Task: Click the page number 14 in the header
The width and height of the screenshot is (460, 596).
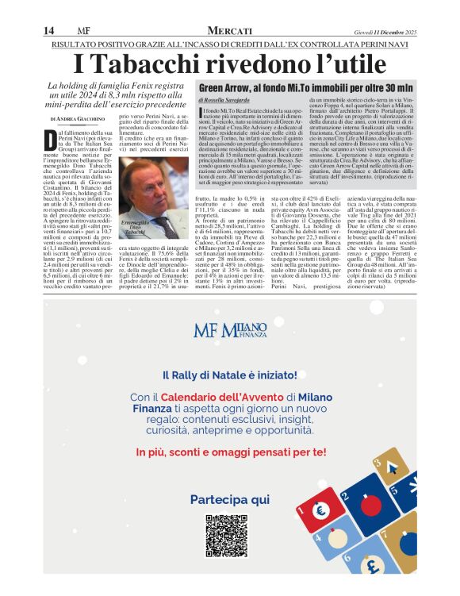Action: pyautogui.click(x=48, y=30)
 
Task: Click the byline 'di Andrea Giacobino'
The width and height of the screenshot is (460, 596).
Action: pyautogui.click(x=76, y=117)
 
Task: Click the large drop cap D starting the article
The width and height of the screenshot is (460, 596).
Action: pyautogui.click(x=52, y=142)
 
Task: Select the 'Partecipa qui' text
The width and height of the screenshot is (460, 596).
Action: pyautogui.click(x=230, y=499)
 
